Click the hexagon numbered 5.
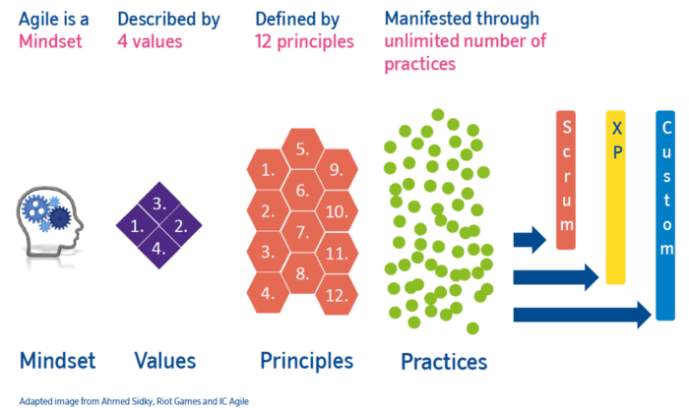pos(302,149)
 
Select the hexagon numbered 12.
pos(337,293)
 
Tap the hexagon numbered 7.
pos(302,232)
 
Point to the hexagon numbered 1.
pos(268,169)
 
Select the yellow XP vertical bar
pos(616,197)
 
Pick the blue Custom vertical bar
pos(664,214)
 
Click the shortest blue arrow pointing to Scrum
pos(529,238)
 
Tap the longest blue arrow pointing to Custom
pos(582,315)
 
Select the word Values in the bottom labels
pos(163,361)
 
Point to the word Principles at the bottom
pos(306,361)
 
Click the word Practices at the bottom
pos(443,362)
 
